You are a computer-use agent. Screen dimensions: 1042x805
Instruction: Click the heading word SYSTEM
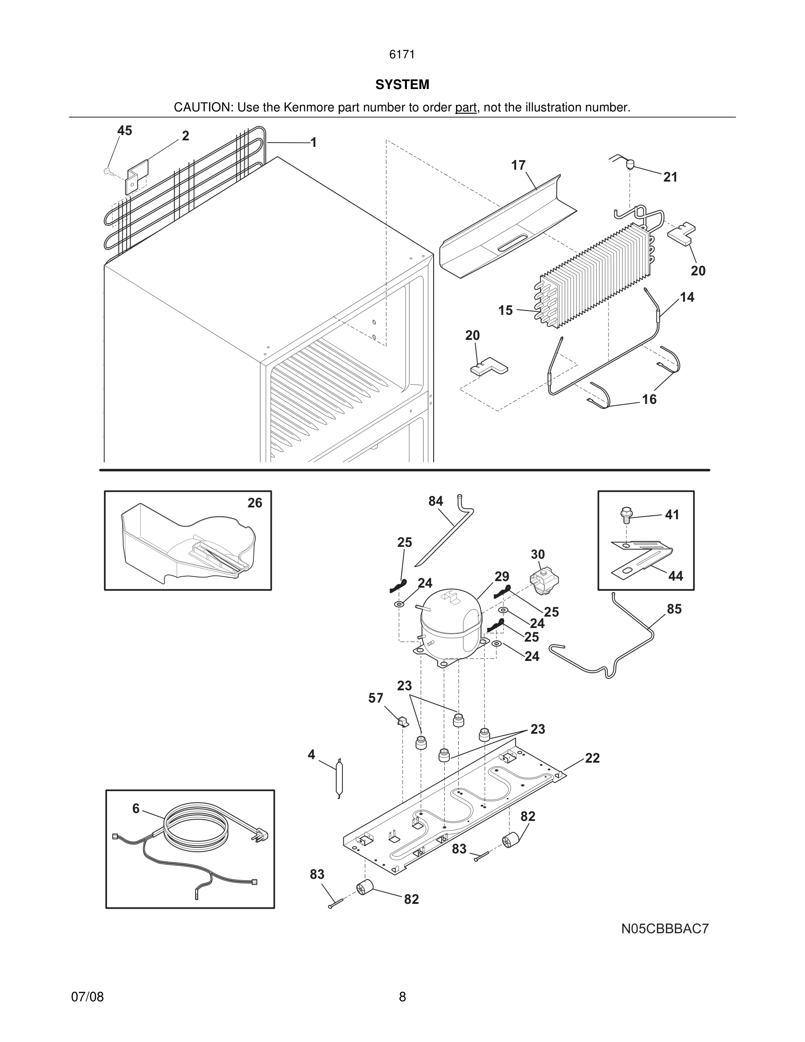[402, 85]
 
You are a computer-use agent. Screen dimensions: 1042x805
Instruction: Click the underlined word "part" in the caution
[466, 108]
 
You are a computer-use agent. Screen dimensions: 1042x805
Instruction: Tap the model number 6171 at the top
[402, 55]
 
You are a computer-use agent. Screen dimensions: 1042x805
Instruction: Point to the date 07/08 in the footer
[87, 997]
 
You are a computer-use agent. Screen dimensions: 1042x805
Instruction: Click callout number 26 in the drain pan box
[255, 503]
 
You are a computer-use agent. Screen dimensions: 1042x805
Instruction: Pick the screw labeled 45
[107, 170]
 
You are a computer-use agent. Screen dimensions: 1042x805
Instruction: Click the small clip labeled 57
[402, 721]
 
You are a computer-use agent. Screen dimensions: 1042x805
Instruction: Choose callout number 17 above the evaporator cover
[518, 165]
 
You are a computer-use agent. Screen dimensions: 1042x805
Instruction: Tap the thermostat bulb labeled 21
[630, 165]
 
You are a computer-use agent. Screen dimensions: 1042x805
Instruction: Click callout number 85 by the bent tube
[674, 609]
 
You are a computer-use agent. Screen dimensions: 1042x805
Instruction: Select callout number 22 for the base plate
[592, 758]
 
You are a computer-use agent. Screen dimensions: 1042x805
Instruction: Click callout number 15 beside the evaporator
[506, 310]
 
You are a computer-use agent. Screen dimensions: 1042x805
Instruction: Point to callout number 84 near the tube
[435, 501]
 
